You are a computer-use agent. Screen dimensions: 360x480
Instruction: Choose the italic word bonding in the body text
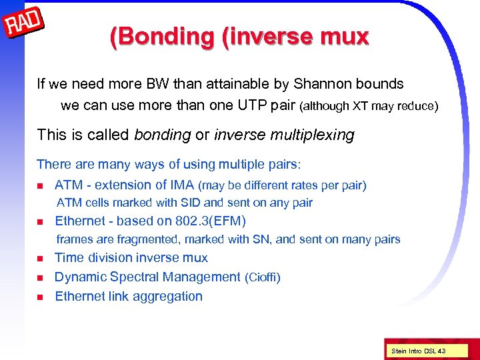pyautogui.click(x=163, y=135)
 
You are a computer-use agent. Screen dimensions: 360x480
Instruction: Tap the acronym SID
pyautogui.click(x=191, y=203)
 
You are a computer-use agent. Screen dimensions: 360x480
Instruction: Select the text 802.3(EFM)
pyautogui.click(x=210, y=221)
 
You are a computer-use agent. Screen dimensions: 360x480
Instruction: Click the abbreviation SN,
pyautogui.click(x=263, y=239)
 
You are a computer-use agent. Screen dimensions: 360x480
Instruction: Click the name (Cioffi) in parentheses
pyautogui.click(x=263, y=277)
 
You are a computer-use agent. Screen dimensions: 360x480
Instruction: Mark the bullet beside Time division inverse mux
pyautogui.click(x=40, y=259)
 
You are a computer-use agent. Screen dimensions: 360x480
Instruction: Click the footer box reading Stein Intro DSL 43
pyautogui.click(x=419, y=351)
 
